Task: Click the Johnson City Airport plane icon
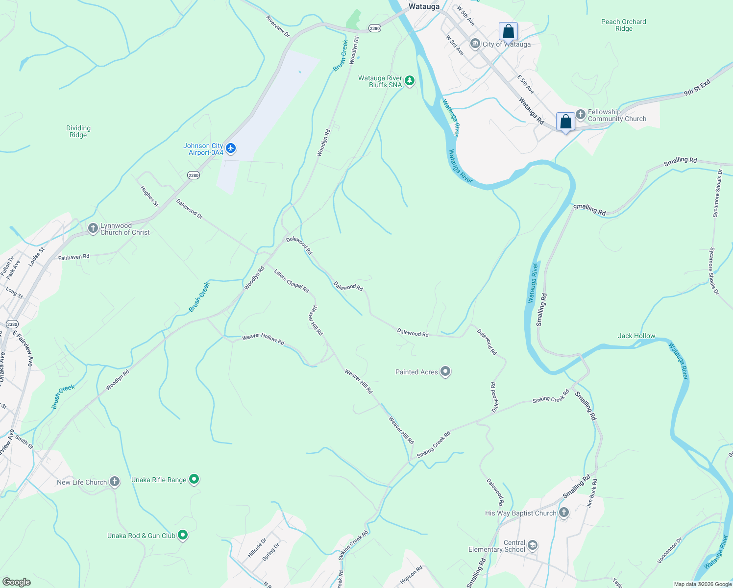click(x=231, y=148)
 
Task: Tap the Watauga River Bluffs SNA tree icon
click(x=410, y=81)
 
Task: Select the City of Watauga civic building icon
click(x=475, y=44)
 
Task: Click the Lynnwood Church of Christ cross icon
click(x=93, y=229)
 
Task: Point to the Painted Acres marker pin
click(x=445, y=372)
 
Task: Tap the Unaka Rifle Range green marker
click(x=194, y=479)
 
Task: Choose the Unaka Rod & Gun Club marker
click(x=183, y=535)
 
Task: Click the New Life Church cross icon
click(x=115, y=482)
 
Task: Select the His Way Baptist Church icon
click(x=564, y=513)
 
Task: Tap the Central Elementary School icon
click(x=533, y=545)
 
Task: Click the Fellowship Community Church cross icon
click(x=581, y=115)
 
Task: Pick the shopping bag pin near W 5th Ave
click(x=509, y=32)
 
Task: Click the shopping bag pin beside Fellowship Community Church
click(x=565, y=122)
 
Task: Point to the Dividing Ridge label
click(x=78, y=131)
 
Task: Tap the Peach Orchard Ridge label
click(x=623, y=25)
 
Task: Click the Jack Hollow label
click(x=636, y=336)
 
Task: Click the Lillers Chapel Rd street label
click(x=292, y=281)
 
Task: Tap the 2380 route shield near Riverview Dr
click(x=374, y=28)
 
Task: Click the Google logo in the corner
click(x=16, y=582)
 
